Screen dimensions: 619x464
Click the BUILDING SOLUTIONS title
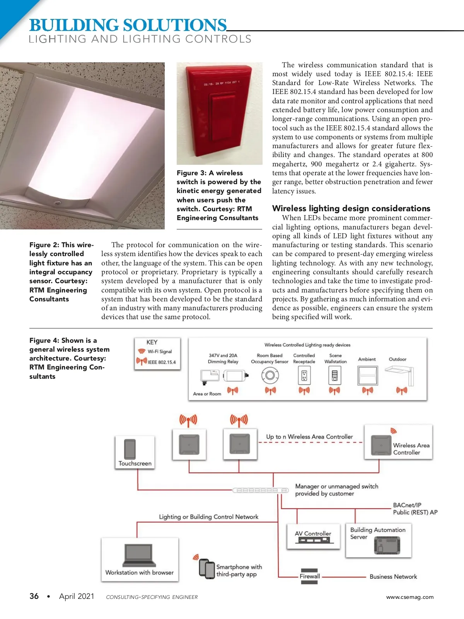tap(128, 26)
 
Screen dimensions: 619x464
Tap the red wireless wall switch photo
tap(219, 113)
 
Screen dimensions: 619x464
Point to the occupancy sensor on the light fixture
tap(57, 202)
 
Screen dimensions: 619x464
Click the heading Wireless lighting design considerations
tap(351, 209)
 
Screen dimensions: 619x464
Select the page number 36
tap(34, 596)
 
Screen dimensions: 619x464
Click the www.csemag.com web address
tap(409, 597)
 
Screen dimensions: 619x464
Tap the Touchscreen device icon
tap(130, 449)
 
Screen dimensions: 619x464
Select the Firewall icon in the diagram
tap(309, 576)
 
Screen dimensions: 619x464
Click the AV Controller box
tap(313, 536)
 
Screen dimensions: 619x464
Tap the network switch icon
tap(260, 490)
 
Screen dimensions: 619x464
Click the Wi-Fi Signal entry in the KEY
tap(155, 352)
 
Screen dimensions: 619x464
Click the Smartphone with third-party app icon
tap(207, 569)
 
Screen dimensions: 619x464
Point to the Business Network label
tap(393, 576)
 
